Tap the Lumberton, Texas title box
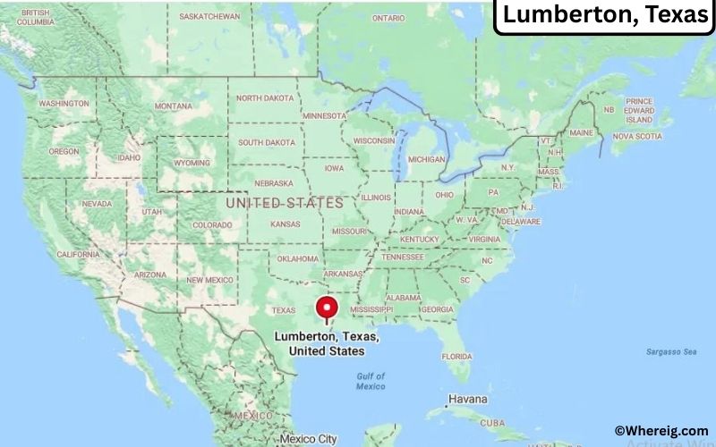tap(605, 16)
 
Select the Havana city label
tap(468, 399)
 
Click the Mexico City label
tap(309, 439)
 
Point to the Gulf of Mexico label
tap(371, 381)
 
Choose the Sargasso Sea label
tap(671, 352)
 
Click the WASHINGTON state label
tap(64, 104)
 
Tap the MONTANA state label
tap(173, 106)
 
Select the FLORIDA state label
tap(456, 356)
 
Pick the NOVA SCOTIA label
tap(636, 137)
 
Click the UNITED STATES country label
tap(285, 203)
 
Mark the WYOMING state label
tap(192, 164)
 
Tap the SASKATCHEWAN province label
tap(209, 16)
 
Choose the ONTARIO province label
tap(388, 17)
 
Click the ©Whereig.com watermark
tap(661, 431)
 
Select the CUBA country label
tap(493, 424)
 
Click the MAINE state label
tap(581, 133)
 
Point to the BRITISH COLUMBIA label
tap(34, 17)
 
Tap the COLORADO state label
tap(212, 224)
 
